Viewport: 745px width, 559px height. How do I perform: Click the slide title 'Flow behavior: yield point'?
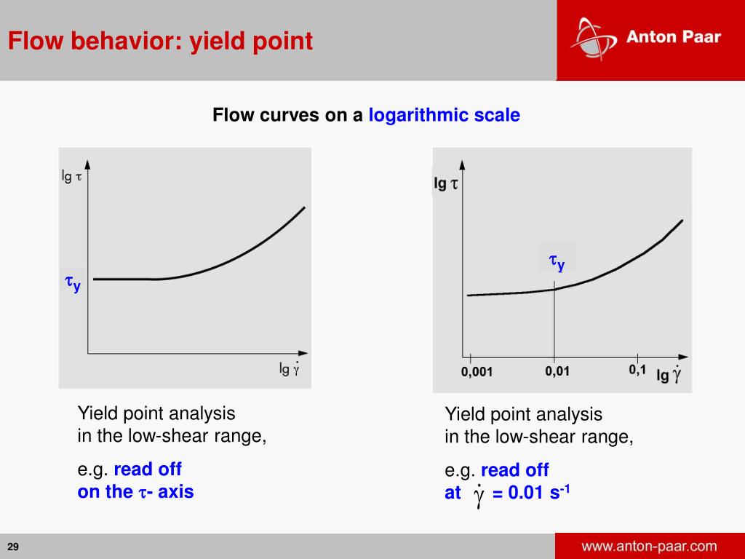(x=160, y=41)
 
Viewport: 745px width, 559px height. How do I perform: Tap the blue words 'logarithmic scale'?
(x=444, y=115)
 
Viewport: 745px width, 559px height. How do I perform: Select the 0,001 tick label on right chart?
(x=477, y=372)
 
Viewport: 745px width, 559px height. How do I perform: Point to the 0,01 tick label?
(x=557, y=371)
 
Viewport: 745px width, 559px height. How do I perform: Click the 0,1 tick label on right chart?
(x=637, y=370)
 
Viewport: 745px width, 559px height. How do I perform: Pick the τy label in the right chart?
(x=557, y=261)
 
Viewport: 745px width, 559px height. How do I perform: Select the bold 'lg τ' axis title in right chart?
(x=445, y=183)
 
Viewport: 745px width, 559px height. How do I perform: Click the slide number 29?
(x=13, y=547)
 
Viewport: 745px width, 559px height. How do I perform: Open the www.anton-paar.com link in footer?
(x=649, y=546)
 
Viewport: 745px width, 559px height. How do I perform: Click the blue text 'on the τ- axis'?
(x=135, y=491)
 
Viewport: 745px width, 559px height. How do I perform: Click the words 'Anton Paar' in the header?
(x=673, y=37)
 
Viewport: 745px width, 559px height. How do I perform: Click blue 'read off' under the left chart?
(x=148, y=469)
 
